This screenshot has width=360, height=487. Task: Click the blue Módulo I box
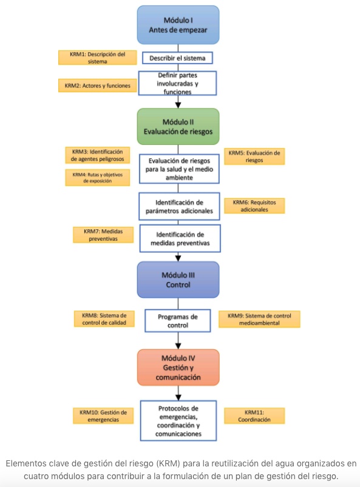178,25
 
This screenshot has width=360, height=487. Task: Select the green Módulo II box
178,126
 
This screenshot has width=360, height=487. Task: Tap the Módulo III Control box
178,280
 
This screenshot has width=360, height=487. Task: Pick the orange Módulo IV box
178,368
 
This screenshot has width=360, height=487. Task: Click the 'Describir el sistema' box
177,58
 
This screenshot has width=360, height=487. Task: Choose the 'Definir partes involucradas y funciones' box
177,83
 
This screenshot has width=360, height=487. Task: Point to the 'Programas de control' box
177,321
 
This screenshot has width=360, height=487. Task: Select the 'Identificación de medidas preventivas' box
180,238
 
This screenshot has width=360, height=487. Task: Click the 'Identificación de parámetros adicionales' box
179,207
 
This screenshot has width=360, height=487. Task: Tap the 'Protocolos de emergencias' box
178,421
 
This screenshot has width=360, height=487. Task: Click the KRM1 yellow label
97,58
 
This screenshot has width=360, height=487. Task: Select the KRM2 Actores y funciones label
97,86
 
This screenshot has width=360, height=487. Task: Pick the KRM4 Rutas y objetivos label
97,178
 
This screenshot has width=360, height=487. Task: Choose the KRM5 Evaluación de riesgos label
254,156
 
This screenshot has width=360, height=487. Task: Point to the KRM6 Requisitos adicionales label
254,206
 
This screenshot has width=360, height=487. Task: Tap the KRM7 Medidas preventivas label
103,235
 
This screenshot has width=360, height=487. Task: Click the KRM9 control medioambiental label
259,319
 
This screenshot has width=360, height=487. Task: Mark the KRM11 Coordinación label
254,416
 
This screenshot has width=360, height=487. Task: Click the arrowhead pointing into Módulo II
178,105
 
